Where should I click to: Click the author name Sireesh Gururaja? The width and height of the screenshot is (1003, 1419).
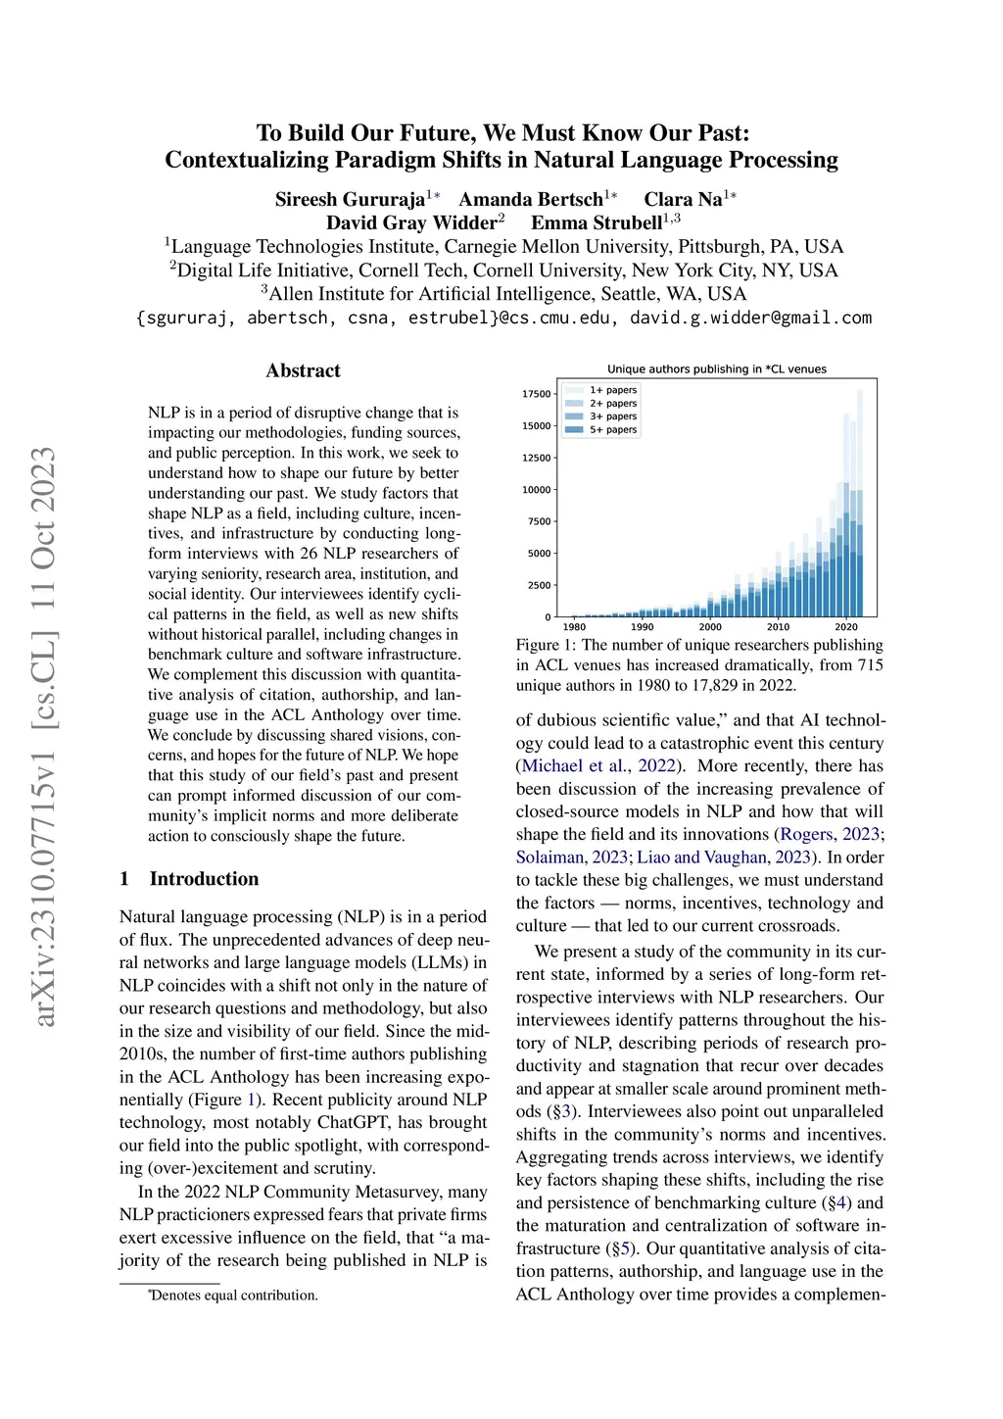pos(350,200)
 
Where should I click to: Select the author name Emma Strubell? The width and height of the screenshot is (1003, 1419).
pos(597,223)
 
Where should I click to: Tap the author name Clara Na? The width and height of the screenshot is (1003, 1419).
pos(683,200)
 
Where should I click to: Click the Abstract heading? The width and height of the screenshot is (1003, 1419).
pos(304,370)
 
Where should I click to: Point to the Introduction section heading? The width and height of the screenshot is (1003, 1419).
pos(204,879)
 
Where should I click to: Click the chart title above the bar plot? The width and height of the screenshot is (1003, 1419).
pos(716,369)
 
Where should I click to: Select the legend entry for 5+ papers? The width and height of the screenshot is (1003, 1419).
pos(613,430)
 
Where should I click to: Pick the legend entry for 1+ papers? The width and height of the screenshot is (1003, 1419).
pos(613,390)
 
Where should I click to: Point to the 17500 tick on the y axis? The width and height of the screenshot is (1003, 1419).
pos(537,394)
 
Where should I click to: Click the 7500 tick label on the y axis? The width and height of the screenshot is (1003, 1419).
pos(540,521)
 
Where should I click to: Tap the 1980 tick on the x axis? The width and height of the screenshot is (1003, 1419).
pos(574,627)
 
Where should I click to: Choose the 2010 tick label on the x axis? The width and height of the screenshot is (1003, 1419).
pos(778,627)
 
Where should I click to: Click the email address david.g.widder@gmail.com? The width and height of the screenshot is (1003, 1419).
pos(750,318)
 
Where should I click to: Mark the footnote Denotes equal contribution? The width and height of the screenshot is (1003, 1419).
pos(234,1296)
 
